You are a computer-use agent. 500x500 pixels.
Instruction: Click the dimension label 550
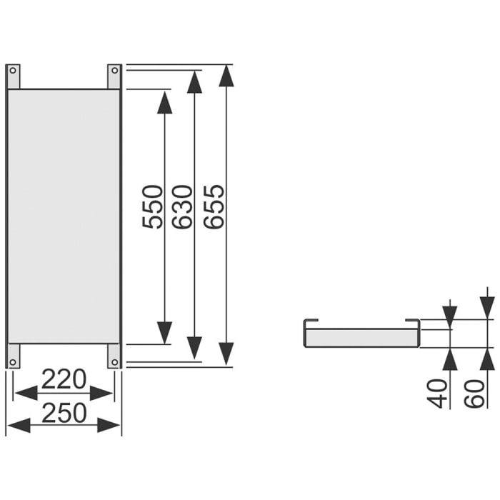click(x=153, y=206)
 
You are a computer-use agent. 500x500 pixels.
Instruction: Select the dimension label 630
click(x=183, y=206)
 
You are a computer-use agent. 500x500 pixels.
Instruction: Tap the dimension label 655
click(x=214, y=206)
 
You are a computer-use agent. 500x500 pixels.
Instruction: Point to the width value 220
click(x=64, y=379)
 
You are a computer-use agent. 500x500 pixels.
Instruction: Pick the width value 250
click(x=64, y=412)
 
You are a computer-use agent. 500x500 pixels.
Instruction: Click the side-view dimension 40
click(x=438, y=392)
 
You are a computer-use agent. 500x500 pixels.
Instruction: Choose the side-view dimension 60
click(x=474, y=392)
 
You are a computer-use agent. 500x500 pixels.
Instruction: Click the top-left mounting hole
click(x=13, y=70)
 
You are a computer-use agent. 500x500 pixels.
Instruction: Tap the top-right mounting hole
click(x=114, y=70)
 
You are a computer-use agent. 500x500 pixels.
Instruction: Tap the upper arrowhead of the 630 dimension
click(x=194, y=83)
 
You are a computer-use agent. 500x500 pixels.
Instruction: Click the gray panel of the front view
click(x=64, y=214)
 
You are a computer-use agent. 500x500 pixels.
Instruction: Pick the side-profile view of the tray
click(x=361, y=334)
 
